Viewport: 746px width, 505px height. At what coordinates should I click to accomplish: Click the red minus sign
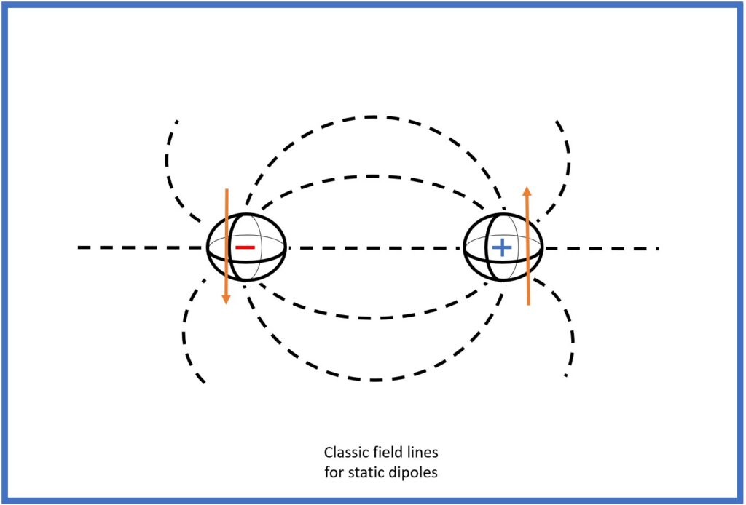(245, 248)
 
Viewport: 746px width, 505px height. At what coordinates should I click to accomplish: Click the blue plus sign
(502, 249)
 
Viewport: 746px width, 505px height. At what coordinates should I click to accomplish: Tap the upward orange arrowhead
(528, 191)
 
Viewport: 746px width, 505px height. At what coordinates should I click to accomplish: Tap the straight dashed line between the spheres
(374, 248)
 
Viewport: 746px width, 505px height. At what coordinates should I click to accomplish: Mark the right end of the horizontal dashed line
(657, 249)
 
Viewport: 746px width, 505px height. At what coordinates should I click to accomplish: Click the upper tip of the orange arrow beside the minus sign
(227, 189)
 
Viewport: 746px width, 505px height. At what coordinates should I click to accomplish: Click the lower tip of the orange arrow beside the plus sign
(528, 303)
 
